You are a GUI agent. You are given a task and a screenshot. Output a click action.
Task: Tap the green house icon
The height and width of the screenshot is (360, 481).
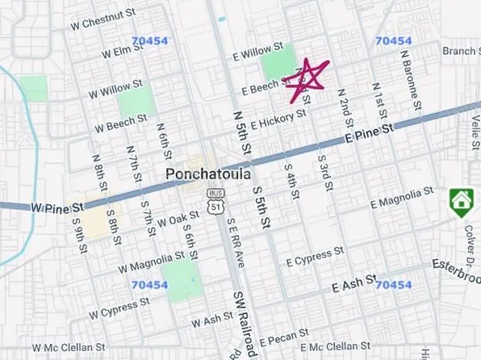pos(461,200)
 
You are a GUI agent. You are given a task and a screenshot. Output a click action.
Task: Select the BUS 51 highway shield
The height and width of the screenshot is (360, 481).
pos(215,203)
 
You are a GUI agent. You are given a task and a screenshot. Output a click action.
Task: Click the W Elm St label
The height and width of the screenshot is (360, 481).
pos(123,52)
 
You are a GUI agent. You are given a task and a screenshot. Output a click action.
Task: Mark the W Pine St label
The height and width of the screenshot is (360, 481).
pos(57,207)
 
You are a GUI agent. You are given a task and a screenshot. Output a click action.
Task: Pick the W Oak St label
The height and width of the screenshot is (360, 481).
pos(178,219)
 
